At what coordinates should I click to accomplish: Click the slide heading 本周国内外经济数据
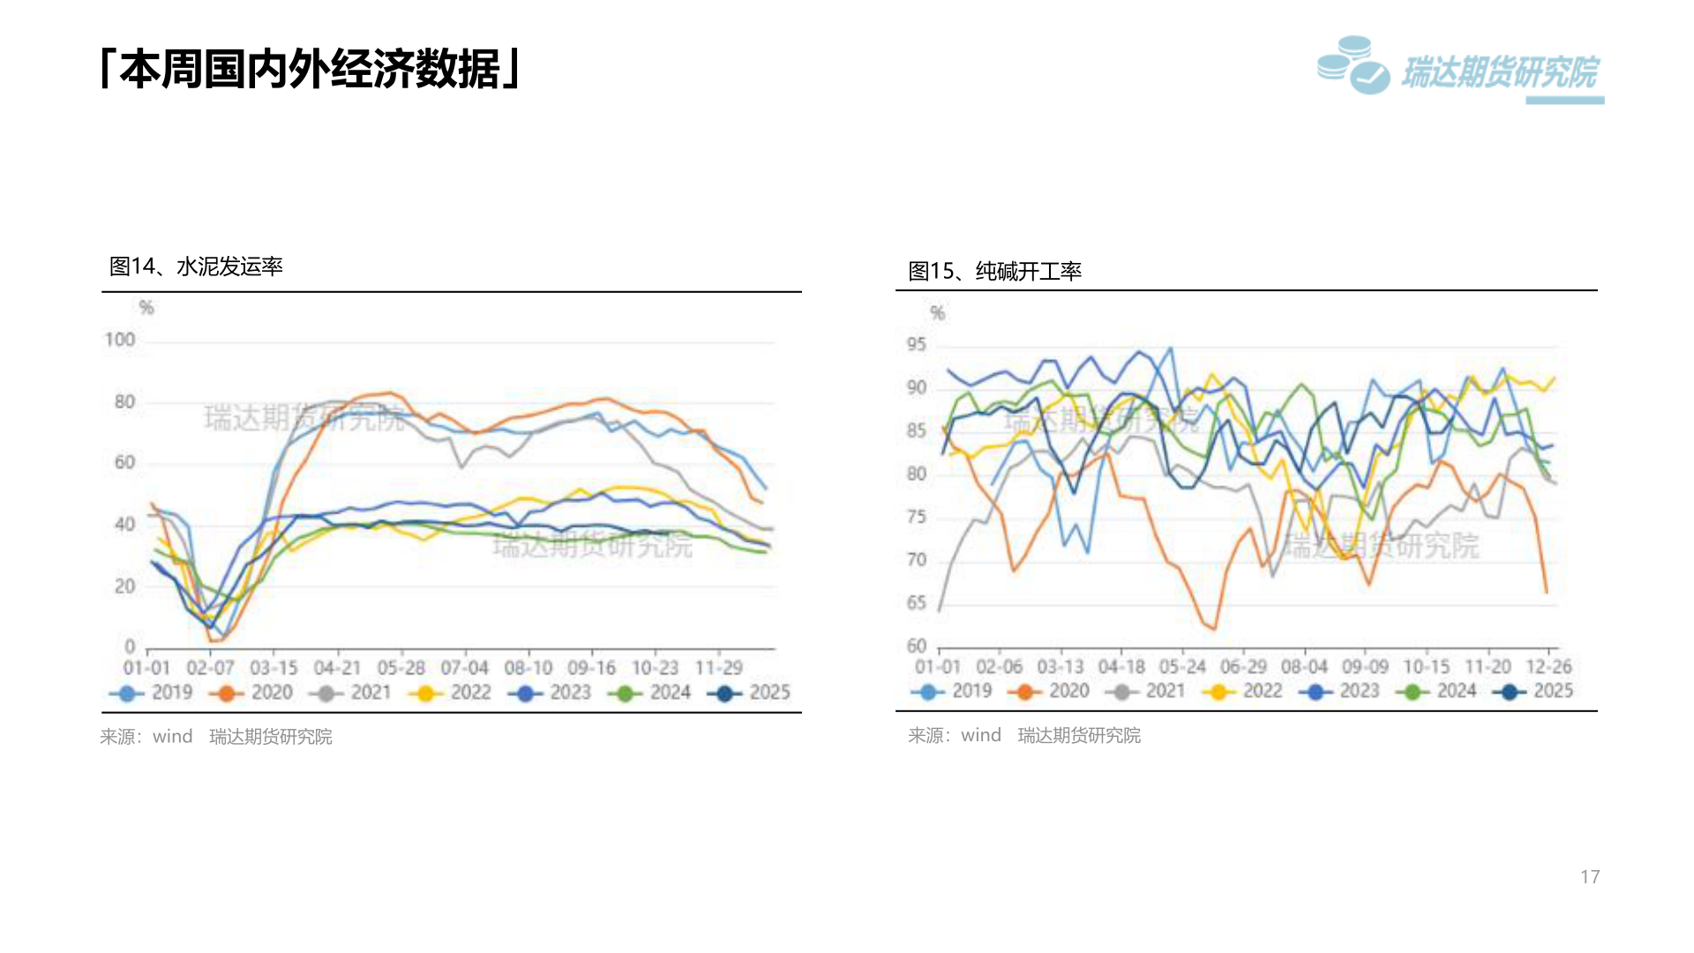pyautogui.click(x=311, y=69)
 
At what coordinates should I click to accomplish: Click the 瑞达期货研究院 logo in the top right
pyautogui.click(x=1460, y=69)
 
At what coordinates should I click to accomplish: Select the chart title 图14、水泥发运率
pyautogui.click(x=196, y=266)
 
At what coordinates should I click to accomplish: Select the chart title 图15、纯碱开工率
pyautogui.click(x=994, y=271)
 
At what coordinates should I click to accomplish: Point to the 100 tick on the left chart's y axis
pyautogui.click(x=120, y=340)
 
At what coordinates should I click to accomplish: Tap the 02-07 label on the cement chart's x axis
pyautogui.click(x=210, y=668)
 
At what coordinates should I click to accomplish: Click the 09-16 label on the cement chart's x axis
pyautogui.click(x=591, y=668)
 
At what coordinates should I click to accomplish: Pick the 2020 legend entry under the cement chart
pyautogui.click(x=252, y=693)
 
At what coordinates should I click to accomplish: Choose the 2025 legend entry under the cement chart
pyautogui.click(x=750, y=693)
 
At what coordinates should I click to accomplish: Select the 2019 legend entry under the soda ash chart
pyautogui.click(x=953, y=691)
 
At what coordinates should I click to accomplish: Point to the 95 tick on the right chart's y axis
pyautogui.click(x=917, y=344)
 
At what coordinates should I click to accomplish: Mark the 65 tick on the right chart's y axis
pyautogui.click(x=917, y=603)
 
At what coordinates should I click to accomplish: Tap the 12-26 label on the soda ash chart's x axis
pyautogui.click(x=1548, y=667)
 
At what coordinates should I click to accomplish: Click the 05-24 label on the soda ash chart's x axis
pyautogui.click(x=1182, y=667)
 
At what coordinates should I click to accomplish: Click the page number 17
pyautogui.click(x=1590, y=877)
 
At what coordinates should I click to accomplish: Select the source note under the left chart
pyautogui.click(x=216, y=737)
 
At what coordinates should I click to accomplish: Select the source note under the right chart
pyautogui.click(x=1024, y=735)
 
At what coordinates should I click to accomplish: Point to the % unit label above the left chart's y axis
pyautogui.click(x=146, y=308)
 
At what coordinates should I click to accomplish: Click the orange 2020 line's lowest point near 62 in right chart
pyautogui.click(x=1214, y=629)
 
